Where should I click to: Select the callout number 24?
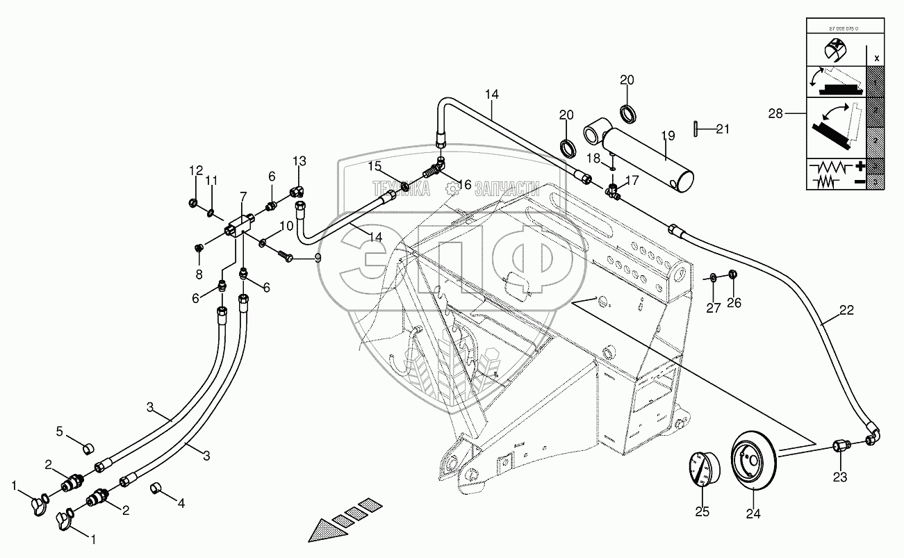pyautogui.click(x=753, y=514)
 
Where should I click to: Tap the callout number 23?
pyautogui.click(x=840, y=477)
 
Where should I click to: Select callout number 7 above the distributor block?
pyautogui.click(x=243, y=198)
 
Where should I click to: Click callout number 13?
pyautogui.click(x=299, y=161)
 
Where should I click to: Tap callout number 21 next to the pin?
pyautogui.click(x=723, y=128)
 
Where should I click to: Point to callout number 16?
pyautogui.click(x=464, y=184)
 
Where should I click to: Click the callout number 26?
pyautogui.click(x=735, y=302)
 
